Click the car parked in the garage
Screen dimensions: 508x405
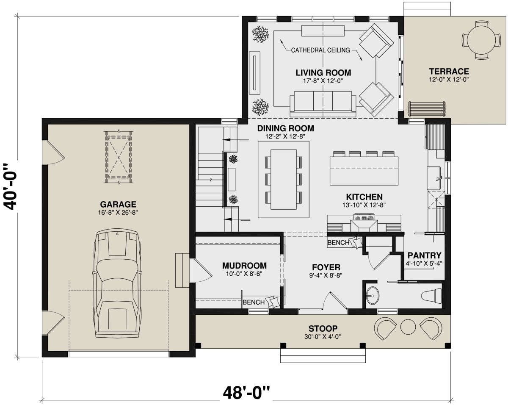(117, 283)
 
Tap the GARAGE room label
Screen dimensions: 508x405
(118, 204)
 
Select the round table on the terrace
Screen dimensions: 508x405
(481, 40)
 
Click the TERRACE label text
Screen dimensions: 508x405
(449, 71)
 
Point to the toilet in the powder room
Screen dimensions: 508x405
(431, 295)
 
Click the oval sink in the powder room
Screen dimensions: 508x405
(373, 295)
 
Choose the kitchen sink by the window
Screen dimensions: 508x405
(433, 178)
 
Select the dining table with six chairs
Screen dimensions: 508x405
(284, 179)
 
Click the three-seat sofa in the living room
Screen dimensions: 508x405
(323, 103)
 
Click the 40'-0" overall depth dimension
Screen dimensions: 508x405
(11, 186)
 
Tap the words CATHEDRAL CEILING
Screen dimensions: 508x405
(320, 50)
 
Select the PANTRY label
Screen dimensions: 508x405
(424, 255)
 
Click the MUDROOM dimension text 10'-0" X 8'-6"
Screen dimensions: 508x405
(244, 274)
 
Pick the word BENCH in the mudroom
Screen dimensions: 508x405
(254, 302)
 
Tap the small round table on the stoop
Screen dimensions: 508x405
(408, 327)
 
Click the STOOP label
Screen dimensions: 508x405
(323, 328)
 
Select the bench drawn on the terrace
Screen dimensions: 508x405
(427, 109)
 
